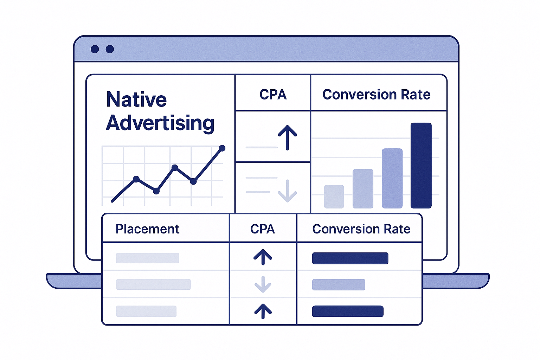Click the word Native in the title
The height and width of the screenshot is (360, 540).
(136, 99)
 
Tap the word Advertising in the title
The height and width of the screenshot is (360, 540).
(160, 123)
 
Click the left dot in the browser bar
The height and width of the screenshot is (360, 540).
(95, 49)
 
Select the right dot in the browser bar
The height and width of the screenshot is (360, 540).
(110, 49)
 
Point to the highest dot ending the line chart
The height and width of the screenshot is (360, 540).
(222, 148)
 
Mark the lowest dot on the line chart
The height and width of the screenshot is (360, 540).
(156, 191)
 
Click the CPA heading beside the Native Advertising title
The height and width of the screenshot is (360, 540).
(273, 95)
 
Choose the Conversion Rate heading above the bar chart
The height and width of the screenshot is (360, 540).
(376, 95)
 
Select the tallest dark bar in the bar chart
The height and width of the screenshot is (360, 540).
(421, 165)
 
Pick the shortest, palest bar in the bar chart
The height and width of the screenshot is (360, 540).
(334, 197)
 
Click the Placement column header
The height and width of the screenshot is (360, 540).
(147, 229)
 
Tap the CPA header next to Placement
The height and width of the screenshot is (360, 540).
(262, 229)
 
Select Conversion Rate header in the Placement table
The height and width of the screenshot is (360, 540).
(361, 229)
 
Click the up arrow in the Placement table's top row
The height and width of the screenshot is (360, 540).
(263, 257)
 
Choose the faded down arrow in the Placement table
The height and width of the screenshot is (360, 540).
(263, 284)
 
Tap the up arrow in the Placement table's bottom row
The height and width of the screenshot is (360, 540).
(263, 311)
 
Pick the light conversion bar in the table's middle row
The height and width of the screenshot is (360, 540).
(338, 284)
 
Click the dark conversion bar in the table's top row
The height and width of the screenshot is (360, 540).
(350, 258)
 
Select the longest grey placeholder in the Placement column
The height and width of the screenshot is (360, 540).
(153, 284)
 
